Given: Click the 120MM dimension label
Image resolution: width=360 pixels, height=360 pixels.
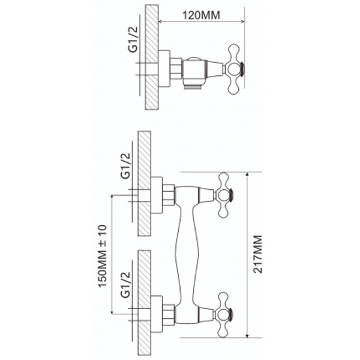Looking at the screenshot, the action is tap(201, 16).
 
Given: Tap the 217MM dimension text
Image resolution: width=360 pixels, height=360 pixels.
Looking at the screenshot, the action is tap(258, 254).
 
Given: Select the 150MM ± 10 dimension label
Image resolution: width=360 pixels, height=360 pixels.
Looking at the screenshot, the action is tap(102, 256).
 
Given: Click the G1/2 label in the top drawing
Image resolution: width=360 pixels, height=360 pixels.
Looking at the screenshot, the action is tap(133, 40).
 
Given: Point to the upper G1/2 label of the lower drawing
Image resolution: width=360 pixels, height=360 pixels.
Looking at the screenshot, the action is tap(126, 166).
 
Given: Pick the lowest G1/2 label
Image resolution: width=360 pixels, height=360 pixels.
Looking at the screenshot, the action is tap(126, 285).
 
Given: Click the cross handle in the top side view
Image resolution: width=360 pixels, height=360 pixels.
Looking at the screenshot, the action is tap(234, 69).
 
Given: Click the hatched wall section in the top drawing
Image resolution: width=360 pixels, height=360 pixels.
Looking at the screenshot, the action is tap(152, 57).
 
